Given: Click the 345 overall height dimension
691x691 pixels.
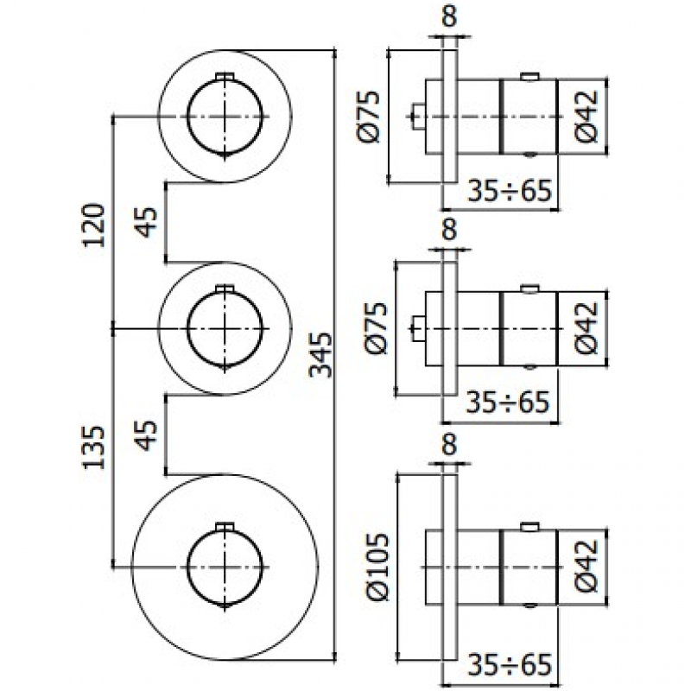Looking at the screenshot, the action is click(x=321, y=355).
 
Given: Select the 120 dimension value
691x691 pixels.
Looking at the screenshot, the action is click(x=94, y=225).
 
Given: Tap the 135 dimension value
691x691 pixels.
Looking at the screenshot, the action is click(x=94, y=447).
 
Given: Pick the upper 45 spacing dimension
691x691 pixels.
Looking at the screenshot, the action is click(x=146, y=222).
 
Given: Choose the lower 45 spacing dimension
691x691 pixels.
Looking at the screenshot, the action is click(x=146, y=435).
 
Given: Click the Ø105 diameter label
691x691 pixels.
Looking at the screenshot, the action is click(x=378, y=567).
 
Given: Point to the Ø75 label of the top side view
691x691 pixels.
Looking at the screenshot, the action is click(x=368, y=117).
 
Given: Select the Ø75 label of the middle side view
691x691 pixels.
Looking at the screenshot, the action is click(x=377, y=328).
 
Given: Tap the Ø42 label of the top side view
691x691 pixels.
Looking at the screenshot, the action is click(x=587, y=117).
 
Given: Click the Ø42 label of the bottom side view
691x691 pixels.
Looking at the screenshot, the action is click(x=587, y=567).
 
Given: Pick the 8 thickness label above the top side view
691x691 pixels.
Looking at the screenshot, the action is click(x=449, y=16).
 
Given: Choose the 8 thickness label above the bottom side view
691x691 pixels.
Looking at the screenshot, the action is click(x=449, y=444).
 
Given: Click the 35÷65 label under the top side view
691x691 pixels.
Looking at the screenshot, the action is click(x=510, y=191).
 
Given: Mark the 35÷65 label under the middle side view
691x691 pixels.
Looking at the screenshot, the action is click(x=508, y=403).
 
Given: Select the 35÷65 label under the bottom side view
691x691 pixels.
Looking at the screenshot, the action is click(x=510, y=664).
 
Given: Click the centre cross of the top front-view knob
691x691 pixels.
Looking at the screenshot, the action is click(x=225, y=117).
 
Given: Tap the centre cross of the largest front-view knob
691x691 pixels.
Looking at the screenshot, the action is click(x=225, y=567).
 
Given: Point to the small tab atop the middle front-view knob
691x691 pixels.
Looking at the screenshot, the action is click(x=225, y=288).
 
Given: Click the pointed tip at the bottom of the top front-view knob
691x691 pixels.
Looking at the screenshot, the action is click(x=225, y=158).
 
